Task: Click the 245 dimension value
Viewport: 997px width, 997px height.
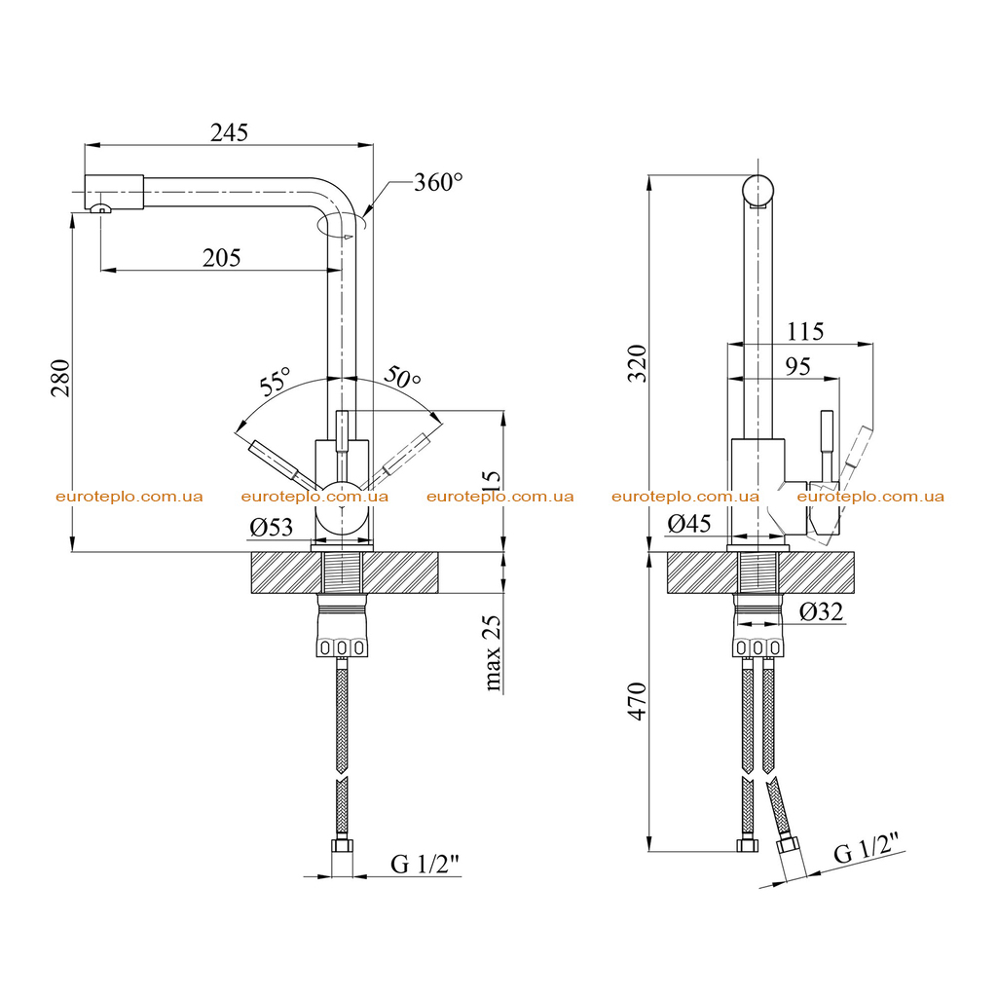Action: pos(229,132)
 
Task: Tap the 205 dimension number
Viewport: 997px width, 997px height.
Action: pos(221,257)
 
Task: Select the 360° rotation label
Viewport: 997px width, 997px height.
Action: pos(438,182)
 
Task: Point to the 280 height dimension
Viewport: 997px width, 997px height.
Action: pos(60,378)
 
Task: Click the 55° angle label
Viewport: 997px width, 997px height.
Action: pos(274,381)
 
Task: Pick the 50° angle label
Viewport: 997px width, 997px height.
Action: pos(402,377)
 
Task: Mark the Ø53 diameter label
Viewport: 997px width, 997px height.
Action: pos(271,527)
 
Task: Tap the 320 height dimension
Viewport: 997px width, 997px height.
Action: pos(637,363)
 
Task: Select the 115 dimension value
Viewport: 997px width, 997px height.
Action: pos(805,331)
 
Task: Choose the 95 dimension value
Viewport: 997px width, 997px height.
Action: pos(797,366)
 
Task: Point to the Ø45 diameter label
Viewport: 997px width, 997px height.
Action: pos(689,523)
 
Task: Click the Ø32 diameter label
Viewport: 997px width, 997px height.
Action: pos(821,611)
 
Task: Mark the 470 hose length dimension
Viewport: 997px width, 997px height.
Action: pos(637,701)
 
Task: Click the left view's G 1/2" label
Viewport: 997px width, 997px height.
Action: pos(425,864)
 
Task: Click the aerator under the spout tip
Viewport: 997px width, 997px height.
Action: pos(100,208)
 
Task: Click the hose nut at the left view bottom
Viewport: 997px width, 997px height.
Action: pos(342,847)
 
